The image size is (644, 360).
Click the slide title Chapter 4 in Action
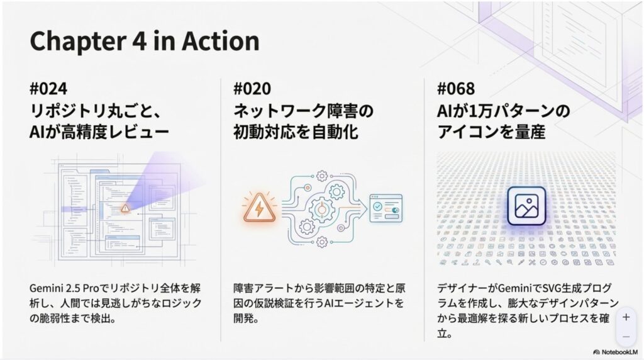tap(145, 41)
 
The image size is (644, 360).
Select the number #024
tap(48, 89)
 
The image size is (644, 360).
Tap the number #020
tap(252, 89)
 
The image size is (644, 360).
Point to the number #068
tap(456, 89)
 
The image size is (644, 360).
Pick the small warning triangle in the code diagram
tap(125, 208)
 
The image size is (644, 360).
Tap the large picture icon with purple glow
tap(526, 206)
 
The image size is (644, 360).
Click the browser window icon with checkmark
tap(386, 208)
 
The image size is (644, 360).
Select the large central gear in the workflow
tap(321, 210)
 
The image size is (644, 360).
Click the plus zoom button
tap(626, 317)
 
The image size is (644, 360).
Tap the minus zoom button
tap(626, 337)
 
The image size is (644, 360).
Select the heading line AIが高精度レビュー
tap(99, 132)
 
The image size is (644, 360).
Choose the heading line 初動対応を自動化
tap(296, 132)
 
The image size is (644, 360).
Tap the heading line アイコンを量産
tap(491, 132)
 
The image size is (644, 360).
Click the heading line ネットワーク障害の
tap(303, 111)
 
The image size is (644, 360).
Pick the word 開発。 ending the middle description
tap(246, 318)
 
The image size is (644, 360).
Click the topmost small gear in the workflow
tap(322, 176)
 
